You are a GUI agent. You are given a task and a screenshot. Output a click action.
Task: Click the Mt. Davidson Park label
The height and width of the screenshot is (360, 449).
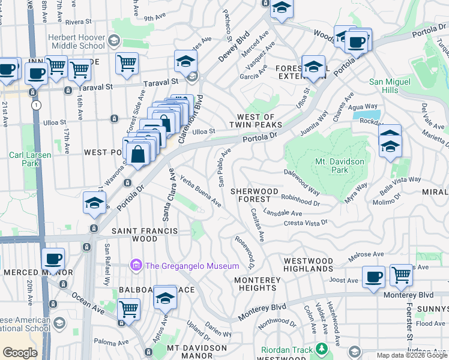[x=340, y=166]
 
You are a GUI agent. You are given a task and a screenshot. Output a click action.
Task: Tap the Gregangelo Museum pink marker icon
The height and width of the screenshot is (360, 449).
[x=136, y=265]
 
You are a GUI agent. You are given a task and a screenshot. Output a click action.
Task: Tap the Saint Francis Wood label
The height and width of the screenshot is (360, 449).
[x=136, y=235]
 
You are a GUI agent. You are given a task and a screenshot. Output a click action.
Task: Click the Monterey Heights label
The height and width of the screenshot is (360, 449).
[x=258, y=284]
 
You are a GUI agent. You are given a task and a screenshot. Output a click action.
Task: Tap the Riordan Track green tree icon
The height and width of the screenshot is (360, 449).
[x=322, y=348]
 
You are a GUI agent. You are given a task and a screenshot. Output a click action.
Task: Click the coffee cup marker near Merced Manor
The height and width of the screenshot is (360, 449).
[x=53, y=260]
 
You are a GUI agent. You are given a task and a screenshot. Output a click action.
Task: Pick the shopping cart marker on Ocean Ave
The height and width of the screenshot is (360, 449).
[x=128, y=310]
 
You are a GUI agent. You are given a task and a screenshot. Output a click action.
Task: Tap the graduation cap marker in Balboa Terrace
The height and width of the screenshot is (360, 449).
[x=165, y=298]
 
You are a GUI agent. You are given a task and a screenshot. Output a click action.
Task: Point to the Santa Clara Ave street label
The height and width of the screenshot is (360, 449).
[x=167, y=197]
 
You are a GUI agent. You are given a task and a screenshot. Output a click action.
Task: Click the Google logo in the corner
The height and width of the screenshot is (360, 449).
[x=20, y=352]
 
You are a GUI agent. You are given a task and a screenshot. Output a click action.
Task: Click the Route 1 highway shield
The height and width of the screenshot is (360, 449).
[x=37, y=105]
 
